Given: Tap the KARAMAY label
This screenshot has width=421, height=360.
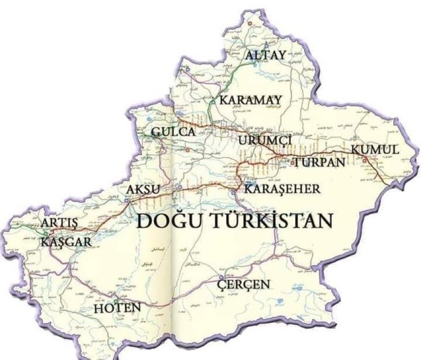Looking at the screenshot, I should click(x=251, y=100).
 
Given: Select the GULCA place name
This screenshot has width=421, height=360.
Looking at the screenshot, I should click(x=173, y=132).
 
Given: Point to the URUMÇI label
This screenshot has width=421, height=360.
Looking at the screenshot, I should click(x=265, y=140).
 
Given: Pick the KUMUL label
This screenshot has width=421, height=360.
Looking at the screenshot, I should click(x=375, y=150).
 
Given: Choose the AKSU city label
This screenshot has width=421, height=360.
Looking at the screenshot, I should click(x=143, y=190).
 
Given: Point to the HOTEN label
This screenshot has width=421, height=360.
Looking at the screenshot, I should click(x=117, y=308).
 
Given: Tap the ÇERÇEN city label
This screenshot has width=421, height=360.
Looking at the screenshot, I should click(x=244, y=284).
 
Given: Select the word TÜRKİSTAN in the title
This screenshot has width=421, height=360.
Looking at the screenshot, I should click(x=269, y=220).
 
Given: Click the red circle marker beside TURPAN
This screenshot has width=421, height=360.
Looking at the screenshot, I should click(x=295, y=163).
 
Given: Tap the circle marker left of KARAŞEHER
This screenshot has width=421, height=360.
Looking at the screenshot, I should click(x=234, y=192).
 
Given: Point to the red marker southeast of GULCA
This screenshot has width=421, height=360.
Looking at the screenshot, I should click(x=187, y=150).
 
